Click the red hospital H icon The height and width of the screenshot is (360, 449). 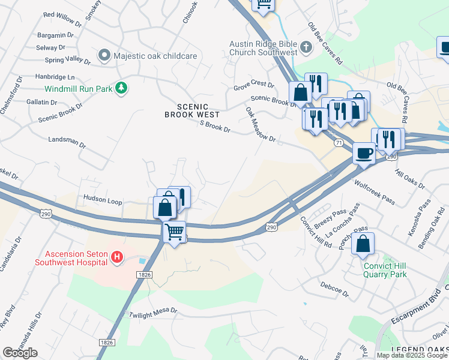point(118,258)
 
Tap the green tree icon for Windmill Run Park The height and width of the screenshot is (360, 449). point(122,89)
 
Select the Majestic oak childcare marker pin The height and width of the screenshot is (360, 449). point(104,56)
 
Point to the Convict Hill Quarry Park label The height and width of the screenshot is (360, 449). point(385,270)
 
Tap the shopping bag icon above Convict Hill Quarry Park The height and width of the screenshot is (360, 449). point(363,245)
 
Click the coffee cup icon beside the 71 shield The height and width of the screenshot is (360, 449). point(364,154)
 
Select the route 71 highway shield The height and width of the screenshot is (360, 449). point(339,142)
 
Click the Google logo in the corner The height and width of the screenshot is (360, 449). point(20,353)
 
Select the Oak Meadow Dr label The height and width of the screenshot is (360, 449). point(261,125)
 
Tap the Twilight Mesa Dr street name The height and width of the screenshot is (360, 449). point(153,312)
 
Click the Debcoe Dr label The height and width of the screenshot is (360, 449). point(334,289)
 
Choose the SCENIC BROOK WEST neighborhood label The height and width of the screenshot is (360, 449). point(192,109)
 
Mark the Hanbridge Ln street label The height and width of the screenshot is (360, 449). point(55,77)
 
